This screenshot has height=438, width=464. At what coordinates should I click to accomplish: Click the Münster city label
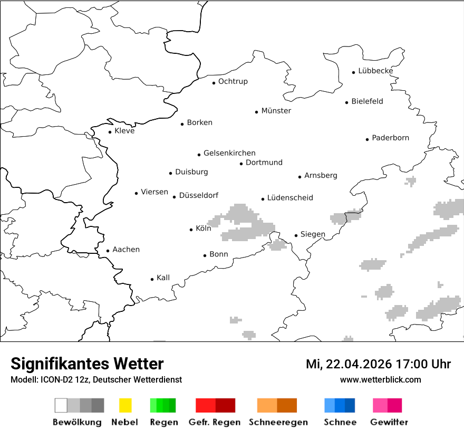coord(276,111)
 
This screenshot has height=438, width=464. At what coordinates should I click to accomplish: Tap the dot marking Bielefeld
coord(347,102)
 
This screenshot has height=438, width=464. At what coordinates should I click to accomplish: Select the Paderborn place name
coord(390,138)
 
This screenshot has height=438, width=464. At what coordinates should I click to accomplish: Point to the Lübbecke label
coord(375,71)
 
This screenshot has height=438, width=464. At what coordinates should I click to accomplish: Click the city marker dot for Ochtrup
coord(214,83)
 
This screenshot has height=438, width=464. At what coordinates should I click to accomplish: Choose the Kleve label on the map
coord(124,131)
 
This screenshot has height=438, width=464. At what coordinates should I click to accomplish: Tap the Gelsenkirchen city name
coord(229,153)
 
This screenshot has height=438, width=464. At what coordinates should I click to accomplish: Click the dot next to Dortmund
coord(241,164)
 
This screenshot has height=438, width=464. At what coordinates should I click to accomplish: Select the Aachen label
coord(126,250)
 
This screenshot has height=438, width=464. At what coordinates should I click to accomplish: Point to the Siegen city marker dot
coord(296,236)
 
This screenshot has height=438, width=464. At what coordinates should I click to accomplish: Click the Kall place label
coord(163,278)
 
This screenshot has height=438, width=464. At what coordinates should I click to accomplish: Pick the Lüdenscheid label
coord(290,198)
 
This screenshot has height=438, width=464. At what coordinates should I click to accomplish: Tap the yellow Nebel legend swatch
coord(125,405)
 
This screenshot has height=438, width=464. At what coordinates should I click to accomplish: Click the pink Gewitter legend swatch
coord(380,405)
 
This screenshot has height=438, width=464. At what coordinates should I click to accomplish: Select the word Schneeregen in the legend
coord(278,422)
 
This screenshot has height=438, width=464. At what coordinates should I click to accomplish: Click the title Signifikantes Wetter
coord(87,364)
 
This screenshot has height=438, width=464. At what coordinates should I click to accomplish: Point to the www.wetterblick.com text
coord(380,379)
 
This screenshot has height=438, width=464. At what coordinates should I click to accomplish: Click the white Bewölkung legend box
coord(61,405)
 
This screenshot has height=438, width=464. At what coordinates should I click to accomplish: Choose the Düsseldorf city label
coord(198,195)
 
